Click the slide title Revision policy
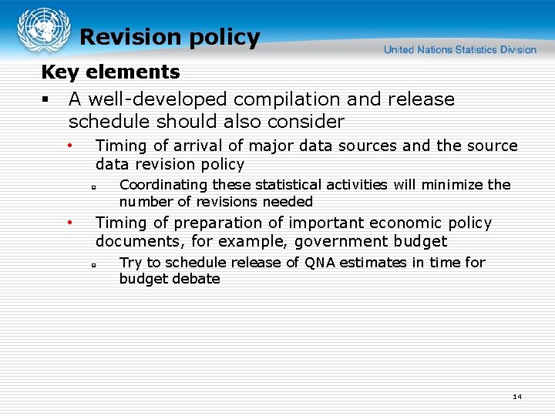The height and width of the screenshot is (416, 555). pos(170,37)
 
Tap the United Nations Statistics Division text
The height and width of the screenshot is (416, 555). pos(459,49)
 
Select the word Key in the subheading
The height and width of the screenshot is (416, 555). pos(56,72)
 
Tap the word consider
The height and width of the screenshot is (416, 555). pos(305,122)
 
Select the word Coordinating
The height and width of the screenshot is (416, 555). pos(163,185)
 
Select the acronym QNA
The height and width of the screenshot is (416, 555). pos(320,263)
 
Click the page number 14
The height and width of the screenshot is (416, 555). pos(516,397)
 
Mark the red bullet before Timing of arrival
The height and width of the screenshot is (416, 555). pos(69,144)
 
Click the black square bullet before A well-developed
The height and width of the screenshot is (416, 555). pos(45,100)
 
